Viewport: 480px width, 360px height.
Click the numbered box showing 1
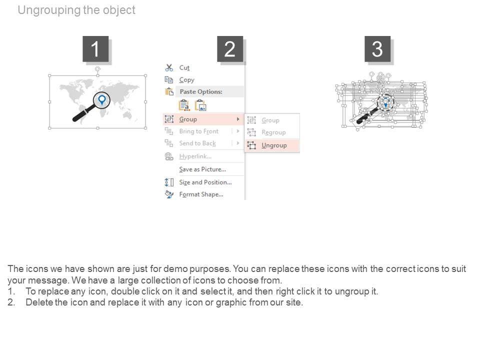click(x=95, y=49)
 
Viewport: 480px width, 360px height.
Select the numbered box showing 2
click(x=230, y=49)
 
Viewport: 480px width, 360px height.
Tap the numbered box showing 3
click(x=377, y=49)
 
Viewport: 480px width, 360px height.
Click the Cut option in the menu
click(x=184, y=67)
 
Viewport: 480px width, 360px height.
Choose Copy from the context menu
click(x=186, y=80)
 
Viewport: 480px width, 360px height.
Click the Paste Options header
click(x=201, y=91)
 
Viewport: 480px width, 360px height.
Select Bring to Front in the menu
click(x=198, y=131)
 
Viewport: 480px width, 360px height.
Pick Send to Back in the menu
click(x=197, y=143)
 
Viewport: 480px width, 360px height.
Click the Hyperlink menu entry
click(x=195, y=156)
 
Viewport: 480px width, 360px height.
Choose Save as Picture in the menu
click(x=202, y=169)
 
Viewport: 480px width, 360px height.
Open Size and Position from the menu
click(x=205, y=182)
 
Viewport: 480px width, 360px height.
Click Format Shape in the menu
click(x=201, y=194)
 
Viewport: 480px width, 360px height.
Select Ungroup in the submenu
click(x=274, y=145)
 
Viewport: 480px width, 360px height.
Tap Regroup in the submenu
click(x=273, y=132)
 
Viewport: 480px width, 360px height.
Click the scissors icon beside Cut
click(x=169, y=67)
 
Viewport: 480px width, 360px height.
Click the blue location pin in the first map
click(x=101, y=99)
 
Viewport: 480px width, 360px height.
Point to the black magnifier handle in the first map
click(x=81, y=113)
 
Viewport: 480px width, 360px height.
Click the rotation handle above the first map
click(x=97, y=69)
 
